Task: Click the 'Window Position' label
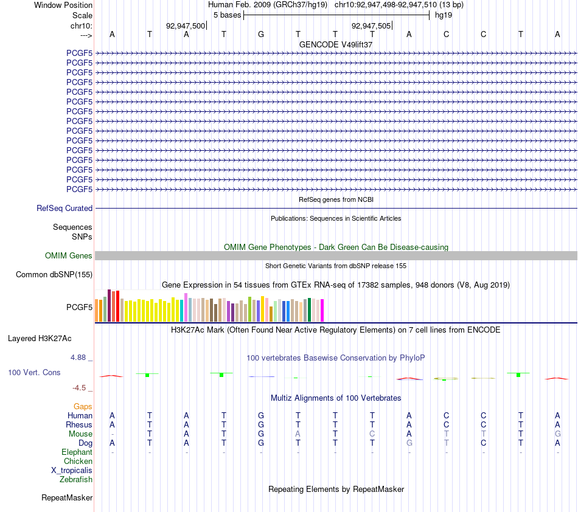coord(63,5)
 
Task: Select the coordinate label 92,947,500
coord(186,26)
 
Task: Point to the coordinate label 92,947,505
coord(371,26)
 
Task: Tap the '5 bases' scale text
coord(227,15)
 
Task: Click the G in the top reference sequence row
coord(261,34)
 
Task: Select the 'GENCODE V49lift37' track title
coord(336,44)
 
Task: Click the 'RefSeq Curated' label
coord(64,208)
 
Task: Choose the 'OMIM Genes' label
coord(69,255)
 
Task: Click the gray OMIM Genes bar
coord(336,255)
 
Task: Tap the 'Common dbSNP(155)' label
coord(54,274)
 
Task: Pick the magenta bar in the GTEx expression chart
coord(322,311)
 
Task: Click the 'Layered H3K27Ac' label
coord(40,339)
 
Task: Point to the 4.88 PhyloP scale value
coord(78,358)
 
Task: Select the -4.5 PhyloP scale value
coord(79,387)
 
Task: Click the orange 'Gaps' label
coord(83,406)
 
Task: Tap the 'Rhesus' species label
coord(79,424)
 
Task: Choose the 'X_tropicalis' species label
coord(72,471)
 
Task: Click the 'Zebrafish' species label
coord(76,480)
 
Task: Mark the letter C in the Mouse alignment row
coord(372,434)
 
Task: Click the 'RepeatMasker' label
coord(67,497)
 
